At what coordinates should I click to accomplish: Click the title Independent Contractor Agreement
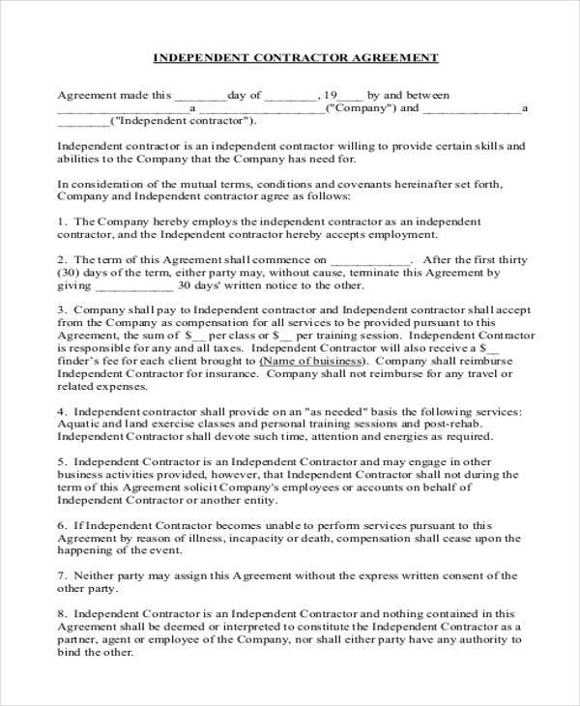pyautogui.click(x=296, y=58)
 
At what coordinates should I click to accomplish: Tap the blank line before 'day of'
pyautogui.click(x=199, y=97)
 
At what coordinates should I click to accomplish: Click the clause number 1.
pyautogui.click(x=61, y=221)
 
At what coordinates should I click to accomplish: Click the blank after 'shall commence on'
pyautogui.click(x=370, y=261)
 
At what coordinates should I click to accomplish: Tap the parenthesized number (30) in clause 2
pyautogui.click(x=69, y=274)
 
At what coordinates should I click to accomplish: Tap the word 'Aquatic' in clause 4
pyautogui.click(x=78, y=425)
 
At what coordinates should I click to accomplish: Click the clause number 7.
pyautogui.click(x=61, y=574)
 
